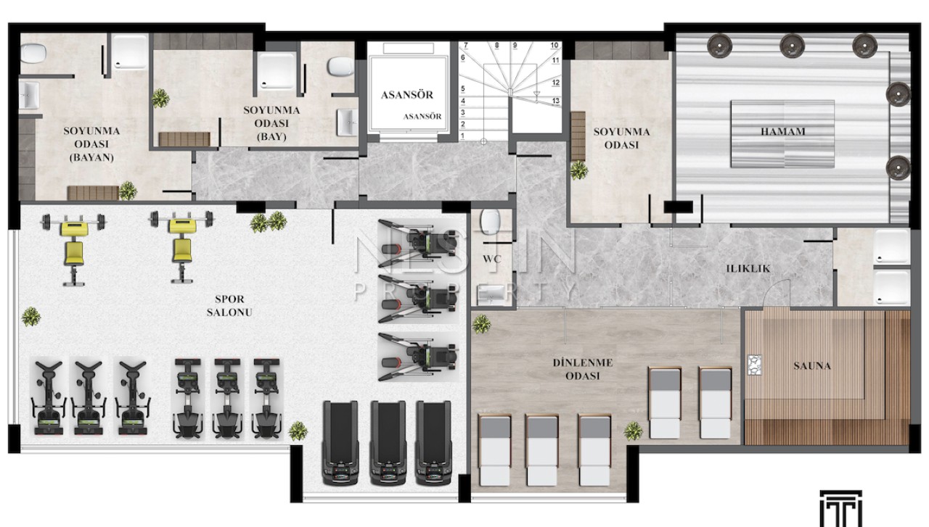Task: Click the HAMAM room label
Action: [x=782, y=132]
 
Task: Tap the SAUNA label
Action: [x=812, y=366]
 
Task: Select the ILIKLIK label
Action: [x=748, y=268]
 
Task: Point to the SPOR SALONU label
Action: [x=229, y=305]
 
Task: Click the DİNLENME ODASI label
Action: [x=583, y=369]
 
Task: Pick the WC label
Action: [x=492, y=259]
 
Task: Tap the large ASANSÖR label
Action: [x=407, y=95]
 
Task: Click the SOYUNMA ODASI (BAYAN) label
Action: [x=91, y=144]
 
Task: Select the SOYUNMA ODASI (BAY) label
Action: [x=271, y=123]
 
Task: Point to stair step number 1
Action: [x=463, y=136]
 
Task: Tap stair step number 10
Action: [x=554, y=45]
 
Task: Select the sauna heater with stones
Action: [x=754, y=365]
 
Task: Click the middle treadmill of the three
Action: [x=388, y=442]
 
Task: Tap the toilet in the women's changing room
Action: [x=33, y=54]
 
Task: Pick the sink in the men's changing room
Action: [x=347, y=123]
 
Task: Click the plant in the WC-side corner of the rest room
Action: [x=481, y=324]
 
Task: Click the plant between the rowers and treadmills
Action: [x=298, y=431]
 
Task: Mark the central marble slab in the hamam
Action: [x=782, y=134]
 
